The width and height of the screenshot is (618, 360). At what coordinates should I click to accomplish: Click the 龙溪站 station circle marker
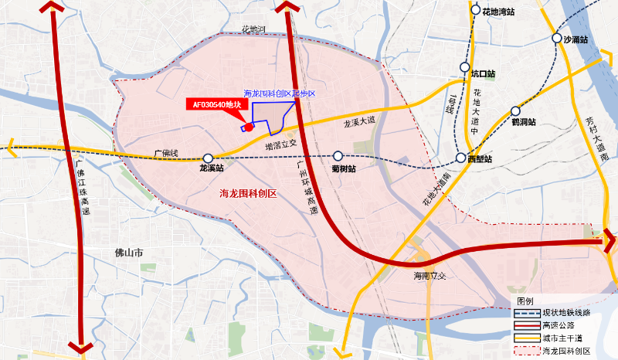(x=208, y=158)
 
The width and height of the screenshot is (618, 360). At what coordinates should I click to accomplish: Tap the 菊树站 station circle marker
(x=338, y=156)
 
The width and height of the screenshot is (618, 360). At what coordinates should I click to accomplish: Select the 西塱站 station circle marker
(x=462, y=158)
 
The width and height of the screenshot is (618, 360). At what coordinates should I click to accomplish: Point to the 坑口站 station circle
(x=465, y=67)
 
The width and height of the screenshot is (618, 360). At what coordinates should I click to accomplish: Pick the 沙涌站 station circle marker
(x=556, y=39)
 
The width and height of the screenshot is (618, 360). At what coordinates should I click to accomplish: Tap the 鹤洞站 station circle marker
(x=516, y=110)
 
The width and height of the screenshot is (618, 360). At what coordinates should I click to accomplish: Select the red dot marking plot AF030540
(x=249, y=127)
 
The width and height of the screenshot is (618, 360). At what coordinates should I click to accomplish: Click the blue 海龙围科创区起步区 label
(x=280, y=93)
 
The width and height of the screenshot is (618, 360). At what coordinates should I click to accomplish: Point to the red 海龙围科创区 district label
(x=248, y=193)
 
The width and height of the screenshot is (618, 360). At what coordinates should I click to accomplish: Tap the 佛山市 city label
(x=129, y=253)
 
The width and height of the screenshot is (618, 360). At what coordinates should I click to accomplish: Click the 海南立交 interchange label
(x=430, y=276)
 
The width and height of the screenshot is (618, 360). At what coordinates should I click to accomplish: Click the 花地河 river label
(x=253, y=30)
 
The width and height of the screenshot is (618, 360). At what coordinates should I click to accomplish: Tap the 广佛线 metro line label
(x=165, y=153)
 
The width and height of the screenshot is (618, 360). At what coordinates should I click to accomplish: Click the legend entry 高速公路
(x=559, y=325)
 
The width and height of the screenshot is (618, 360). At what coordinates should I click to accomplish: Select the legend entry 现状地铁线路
(x=565, y=313)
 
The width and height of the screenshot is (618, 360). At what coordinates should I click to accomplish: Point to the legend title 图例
(x=525, y=301)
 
